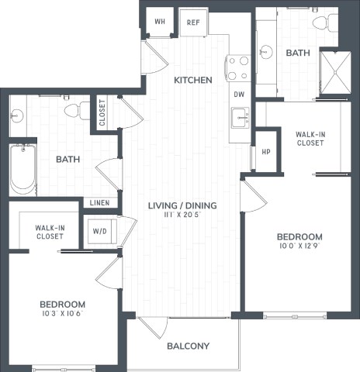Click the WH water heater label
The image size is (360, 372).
pyautogui.click(x=160, y=22)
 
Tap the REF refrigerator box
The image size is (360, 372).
pyautogui.click(x=193, y=22)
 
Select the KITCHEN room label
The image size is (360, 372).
pyautogui.click(x=192, y=80)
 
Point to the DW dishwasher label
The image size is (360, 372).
pyautogui.click(x=239, y=94)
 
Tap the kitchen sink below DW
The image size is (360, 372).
pyautogui.click(x=240, y=118)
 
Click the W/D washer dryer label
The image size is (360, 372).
pyautogui.click(x=100, y=231)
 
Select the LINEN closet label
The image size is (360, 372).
pyautogui.click(x=100, y=203)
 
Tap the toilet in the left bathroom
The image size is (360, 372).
pyautogui.click(x=74, y=111)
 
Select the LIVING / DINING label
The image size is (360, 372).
pyautogui.click(x=182, y=205)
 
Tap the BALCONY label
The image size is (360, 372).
pyautogui.click(x=189, y=346)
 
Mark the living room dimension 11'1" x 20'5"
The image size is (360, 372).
pyautogui.click(x=182, y=216)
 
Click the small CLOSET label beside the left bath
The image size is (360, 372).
pyautogui.click(x=102, y=114)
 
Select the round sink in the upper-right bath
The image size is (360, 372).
pyautogui.click(x=267, y=52)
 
